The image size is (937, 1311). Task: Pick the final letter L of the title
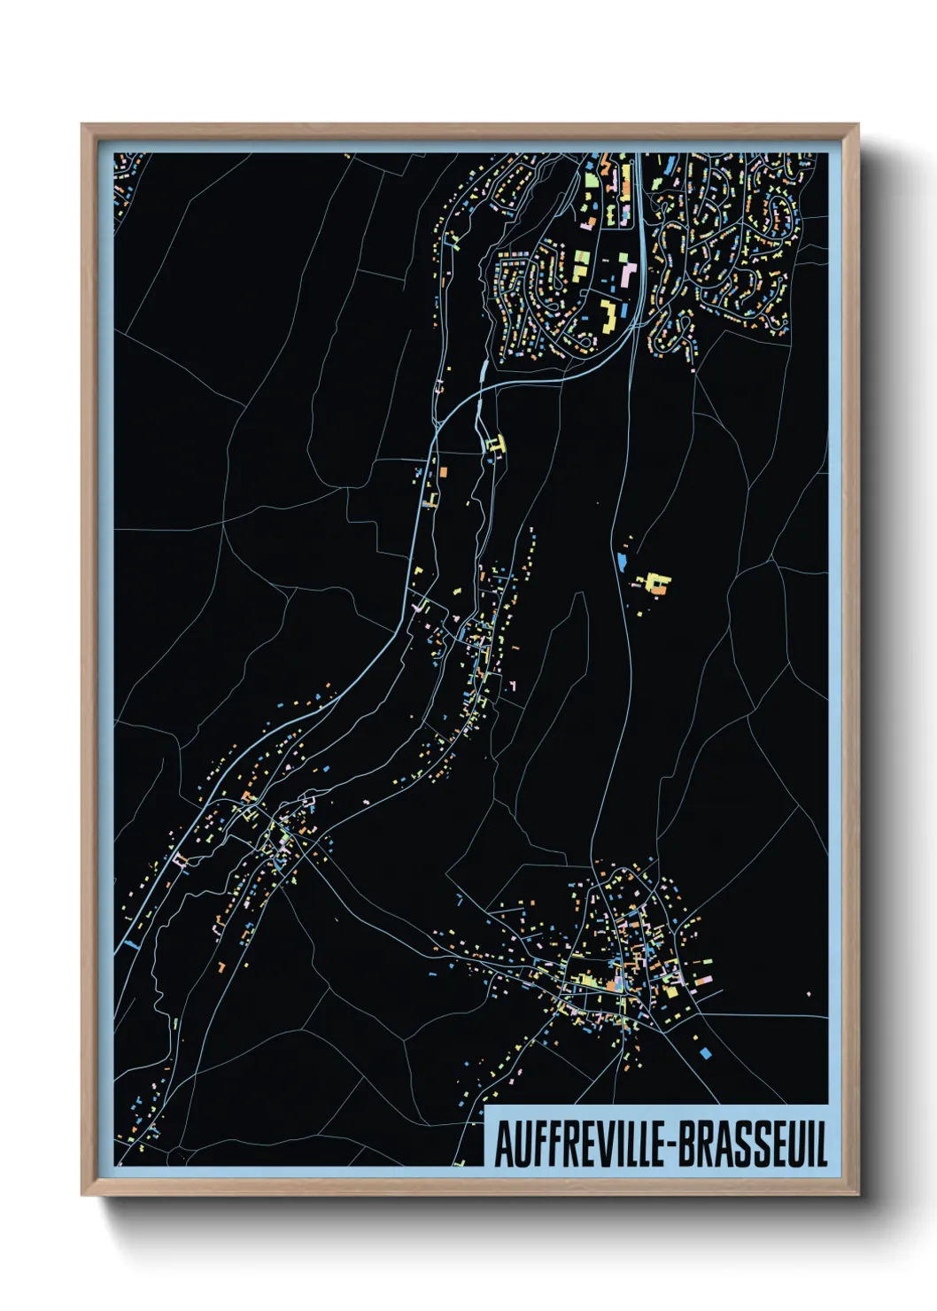point(821,1144)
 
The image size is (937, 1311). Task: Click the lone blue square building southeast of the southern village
point(706,1052)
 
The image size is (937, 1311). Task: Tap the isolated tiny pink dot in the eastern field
point(809,994)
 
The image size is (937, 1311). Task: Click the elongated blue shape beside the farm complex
point(622,562)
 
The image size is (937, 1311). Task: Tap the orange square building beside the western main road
point(443,474)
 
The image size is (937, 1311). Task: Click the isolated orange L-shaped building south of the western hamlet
point(221,963)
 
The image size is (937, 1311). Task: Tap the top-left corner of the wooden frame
point(83,126)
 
